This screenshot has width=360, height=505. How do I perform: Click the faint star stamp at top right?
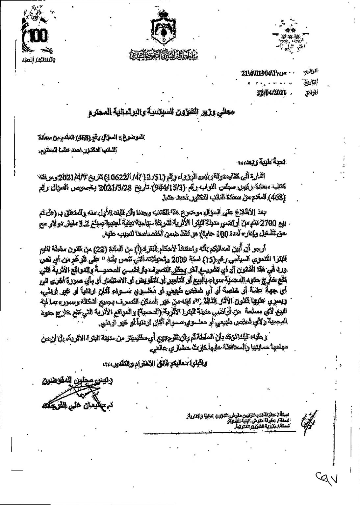[x=289, y=36]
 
